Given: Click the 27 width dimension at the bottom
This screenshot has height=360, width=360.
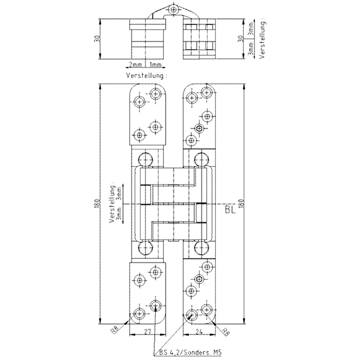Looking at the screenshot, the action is (147, 331).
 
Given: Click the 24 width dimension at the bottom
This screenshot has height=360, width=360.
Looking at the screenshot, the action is (199, 331).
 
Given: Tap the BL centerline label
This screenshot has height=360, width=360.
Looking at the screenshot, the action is (230, 210).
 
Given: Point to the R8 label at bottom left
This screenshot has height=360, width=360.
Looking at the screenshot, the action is (115, 331).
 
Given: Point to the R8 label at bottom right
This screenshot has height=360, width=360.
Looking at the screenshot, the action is (225, 332).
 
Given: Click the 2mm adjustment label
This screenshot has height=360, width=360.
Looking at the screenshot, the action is (135, 65).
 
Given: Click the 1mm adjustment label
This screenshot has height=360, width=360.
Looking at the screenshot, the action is (155, 65).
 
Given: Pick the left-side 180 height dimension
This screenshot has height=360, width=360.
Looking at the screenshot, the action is (97, 203).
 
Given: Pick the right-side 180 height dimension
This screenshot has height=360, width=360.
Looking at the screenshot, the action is (241, 203).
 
